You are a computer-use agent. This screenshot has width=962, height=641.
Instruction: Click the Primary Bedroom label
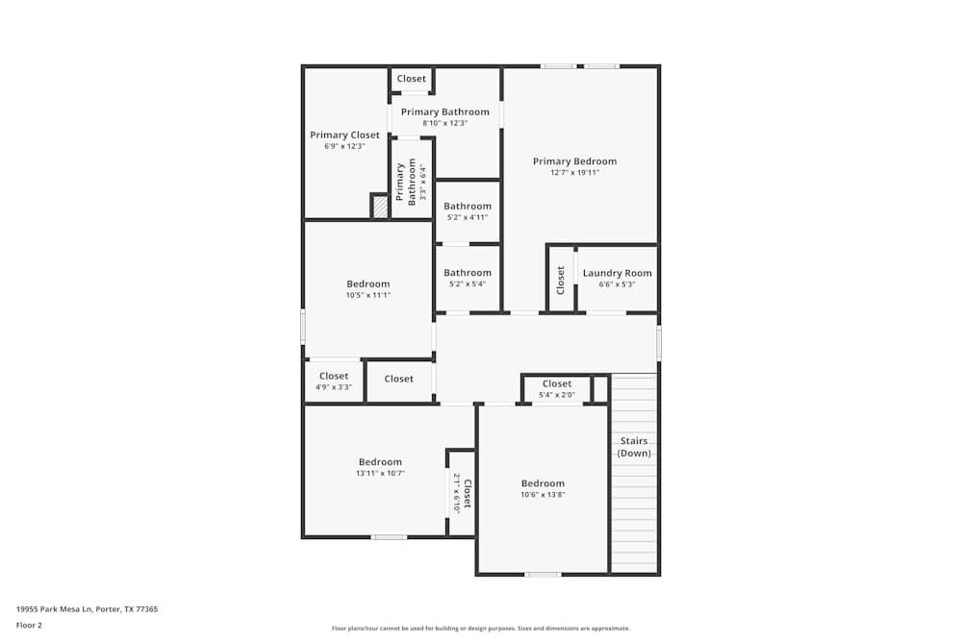tap(574, 161)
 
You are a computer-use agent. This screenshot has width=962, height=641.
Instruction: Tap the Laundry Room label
tap(617, 273)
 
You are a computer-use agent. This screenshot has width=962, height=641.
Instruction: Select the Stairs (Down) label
tap(634, 447)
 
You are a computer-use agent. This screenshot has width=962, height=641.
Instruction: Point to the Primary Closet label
tap(344, 136)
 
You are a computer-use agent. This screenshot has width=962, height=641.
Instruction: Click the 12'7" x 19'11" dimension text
tap(574, 173)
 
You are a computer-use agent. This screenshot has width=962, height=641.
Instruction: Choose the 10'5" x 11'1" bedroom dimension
tap(368, 295)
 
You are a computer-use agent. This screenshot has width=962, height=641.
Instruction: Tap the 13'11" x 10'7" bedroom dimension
tap(380, 473)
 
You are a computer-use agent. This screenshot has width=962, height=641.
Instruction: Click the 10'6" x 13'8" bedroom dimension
tap(543, 495)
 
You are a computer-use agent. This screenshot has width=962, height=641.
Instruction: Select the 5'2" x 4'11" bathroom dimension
tap(468, 217)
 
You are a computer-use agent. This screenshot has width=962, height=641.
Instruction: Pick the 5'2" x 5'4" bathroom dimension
tap(468, 284)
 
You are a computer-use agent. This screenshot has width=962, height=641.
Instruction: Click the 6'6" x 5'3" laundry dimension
tap(617, 284)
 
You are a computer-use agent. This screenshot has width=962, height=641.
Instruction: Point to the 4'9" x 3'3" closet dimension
tap(334, 387)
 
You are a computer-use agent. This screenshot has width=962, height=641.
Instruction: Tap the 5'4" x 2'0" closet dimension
tap(556, 394)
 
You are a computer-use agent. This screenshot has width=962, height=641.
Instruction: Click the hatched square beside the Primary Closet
tap(380, 206)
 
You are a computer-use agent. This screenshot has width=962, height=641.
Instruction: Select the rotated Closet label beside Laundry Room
tap(561, 280)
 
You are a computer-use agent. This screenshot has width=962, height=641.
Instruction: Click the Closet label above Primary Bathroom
tap(411, 79)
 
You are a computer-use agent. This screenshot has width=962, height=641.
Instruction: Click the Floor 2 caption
tap(29, 625)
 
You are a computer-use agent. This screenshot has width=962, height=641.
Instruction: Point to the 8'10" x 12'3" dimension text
tap(444, 123)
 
